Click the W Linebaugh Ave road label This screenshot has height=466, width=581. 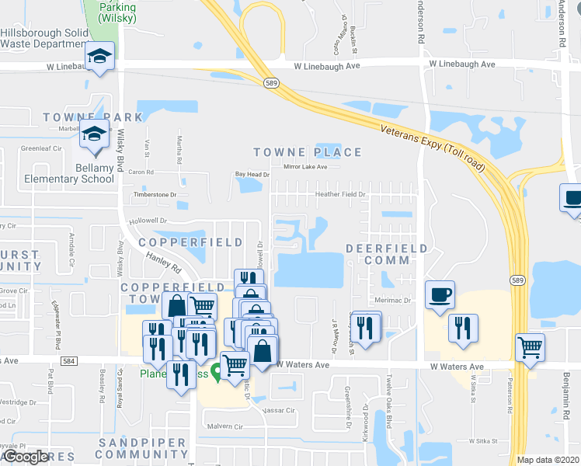[327, 66]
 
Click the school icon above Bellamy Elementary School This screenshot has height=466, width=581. [94, 137]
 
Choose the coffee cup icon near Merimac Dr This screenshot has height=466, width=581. [440, 295]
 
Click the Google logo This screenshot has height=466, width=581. [25, 457]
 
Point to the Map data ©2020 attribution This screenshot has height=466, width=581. [548, 460]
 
